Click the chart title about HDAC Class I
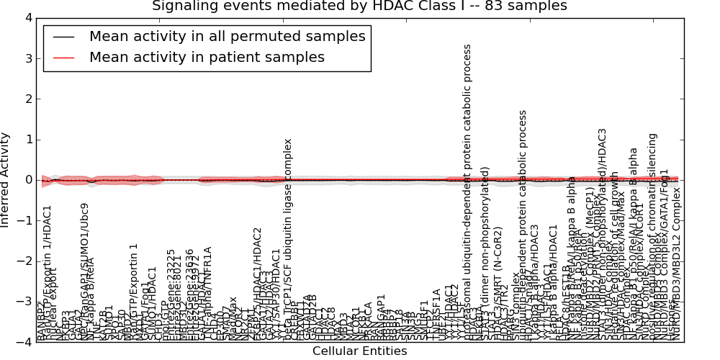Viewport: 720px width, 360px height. click(359, 6)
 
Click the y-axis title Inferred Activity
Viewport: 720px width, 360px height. click(6, 179)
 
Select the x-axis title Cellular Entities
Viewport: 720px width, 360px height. click(359, 351)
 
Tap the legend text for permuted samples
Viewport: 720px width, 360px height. click(227, 36)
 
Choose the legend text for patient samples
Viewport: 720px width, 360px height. click(207, 57)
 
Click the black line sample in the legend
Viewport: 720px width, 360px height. click(63, 37)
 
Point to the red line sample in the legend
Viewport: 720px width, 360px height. click(63, 58)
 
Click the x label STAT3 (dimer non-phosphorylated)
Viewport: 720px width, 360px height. click(485, 253)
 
